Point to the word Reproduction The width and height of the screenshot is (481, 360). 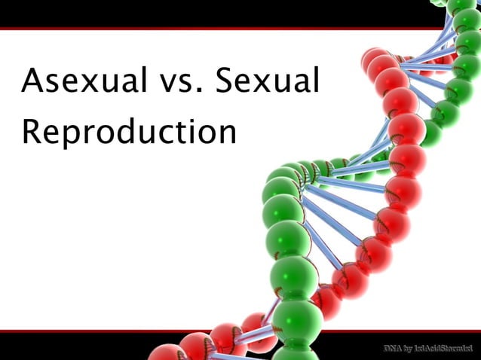129,133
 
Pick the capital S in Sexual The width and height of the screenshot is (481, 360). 227,81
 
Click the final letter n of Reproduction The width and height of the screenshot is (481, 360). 225,136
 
